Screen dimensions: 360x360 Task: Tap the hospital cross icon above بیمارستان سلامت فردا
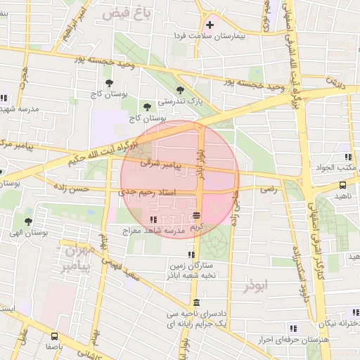210,25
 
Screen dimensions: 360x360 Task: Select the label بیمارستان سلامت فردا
210,35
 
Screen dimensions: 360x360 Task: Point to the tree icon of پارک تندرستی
181,90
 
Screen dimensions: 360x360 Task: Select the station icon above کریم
196,215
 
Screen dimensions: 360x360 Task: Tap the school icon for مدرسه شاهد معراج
153,220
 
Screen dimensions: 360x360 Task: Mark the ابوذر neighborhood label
257,287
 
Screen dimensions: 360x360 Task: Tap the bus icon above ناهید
342,186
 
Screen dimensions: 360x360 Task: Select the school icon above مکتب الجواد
347,157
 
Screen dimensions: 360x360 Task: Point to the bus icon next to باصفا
56,336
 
